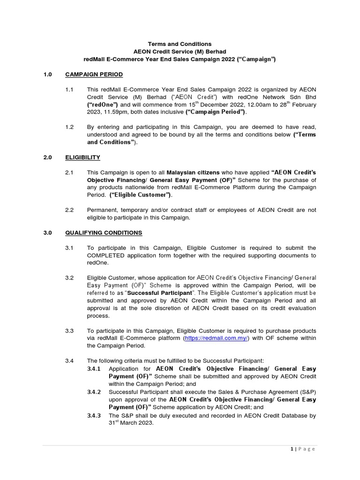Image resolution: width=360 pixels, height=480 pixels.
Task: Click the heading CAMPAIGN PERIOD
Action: [x=94, y=75]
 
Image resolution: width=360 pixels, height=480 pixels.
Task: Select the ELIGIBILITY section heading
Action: [x=82, y=157]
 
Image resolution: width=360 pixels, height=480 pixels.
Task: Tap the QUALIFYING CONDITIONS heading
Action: [x=104, y=232]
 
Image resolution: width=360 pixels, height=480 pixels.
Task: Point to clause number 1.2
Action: [x=70, y=127]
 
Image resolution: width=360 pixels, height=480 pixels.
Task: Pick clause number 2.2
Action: [x=70, y=210]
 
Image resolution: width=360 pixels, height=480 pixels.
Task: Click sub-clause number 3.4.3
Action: [x=96, y=415]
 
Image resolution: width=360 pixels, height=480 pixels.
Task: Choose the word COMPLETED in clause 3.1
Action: [x=111, y=255]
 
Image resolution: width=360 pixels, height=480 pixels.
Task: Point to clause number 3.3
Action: [x=70, y=330]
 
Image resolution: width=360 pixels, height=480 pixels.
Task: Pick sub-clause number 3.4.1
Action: [x=96, y=368]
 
